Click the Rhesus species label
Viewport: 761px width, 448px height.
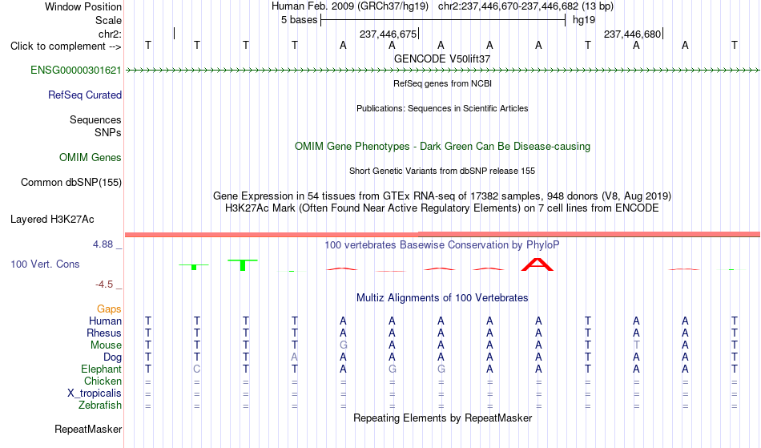(104, 333)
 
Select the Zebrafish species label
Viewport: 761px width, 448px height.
(100, 405)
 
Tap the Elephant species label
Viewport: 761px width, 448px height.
(101, 369)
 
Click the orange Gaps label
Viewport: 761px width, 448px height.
(109, 309)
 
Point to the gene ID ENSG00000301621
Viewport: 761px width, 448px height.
(76, 70)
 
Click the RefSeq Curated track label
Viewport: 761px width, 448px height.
(85, 95)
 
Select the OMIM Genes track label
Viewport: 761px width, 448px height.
(91, 157)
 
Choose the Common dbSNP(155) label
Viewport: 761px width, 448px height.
(71, 182)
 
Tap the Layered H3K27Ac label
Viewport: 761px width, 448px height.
(52, 219)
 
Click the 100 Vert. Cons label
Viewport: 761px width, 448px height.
(45, 264)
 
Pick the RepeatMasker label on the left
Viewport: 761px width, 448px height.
(88, 429)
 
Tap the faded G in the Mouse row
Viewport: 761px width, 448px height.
(343, 345)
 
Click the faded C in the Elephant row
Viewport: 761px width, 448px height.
(196, 369)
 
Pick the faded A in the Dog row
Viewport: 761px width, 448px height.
(294, 357)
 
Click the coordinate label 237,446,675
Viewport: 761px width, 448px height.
(388, 34)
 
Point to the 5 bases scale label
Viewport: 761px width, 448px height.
(299, 20)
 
